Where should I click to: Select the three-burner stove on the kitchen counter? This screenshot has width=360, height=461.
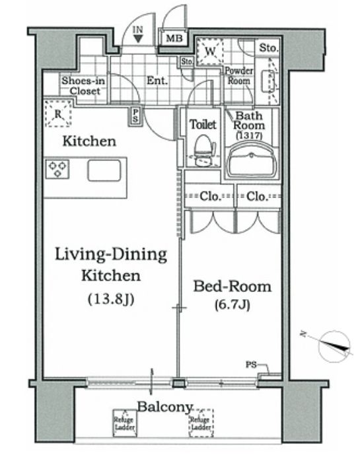(57, 169)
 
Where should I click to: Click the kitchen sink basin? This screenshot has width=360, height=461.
(104, 170)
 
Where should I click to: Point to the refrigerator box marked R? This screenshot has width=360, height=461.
(59, 114)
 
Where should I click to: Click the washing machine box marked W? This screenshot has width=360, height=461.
(209, 52)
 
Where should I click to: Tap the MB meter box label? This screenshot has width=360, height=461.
(174, 38)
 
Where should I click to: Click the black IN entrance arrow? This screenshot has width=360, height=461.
(137, 38)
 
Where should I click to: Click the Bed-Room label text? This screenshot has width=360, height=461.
(232, 287)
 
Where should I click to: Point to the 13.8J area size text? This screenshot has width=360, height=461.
(111, 299)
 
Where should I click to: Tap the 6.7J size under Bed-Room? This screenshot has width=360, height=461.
(233, 305)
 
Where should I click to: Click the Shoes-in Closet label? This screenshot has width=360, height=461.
(83, 86)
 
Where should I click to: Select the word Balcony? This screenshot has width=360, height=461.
(164, 408)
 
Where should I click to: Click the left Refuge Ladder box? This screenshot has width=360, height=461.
(125, 423)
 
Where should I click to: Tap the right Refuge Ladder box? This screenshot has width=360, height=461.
(201, 423)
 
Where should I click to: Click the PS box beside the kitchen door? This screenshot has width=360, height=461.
(135, 116)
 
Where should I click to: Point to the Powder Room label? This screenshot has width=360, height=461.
(239, 75)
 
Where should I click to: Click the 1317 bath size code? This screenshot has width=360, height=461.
(249, 135)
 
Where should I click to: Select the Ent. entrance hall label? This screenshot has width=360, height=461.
(157, 81)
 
